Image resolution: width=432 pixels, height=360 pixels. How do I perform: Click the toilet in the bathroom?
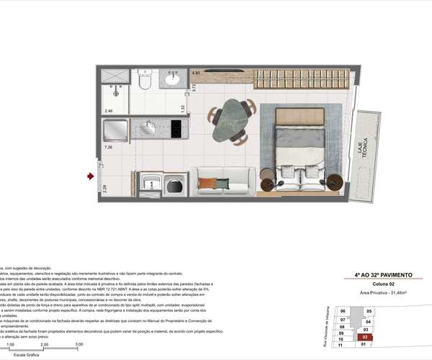144,81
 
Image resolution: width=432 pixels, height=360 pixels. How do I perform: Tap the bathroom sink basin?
173,80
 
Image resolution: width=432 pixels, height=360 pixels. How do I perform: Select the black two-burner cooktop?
174,129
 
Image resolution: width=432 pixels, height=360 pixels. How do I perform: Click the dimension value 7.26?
109,148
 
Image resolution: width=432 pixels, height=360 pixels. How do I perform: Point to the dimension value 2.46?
109,112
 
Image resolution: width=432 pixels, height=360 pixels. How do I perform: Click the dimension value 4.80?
195,73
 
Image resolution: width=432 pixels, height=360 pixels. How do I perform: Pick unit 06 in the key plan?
343,311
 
